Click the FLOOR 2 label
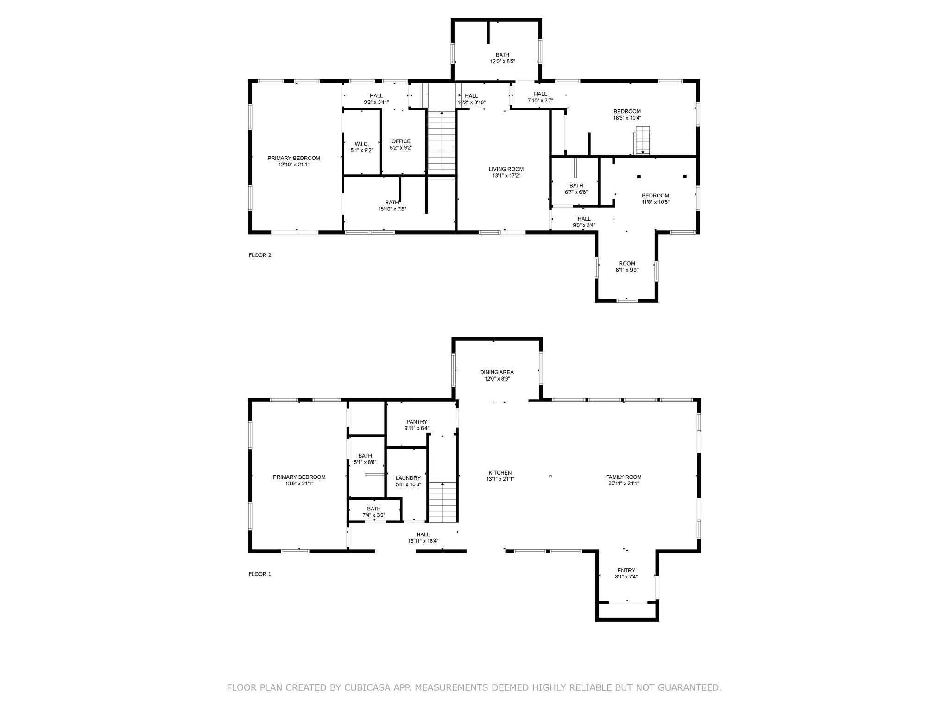(x=259, y=255)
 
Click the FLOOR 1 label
(x=259, y=574)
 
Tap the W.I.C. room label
(x=361, y=144)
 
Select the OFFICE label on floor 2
(x=401, y=141)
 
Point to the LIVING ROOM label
(x=506, y=169)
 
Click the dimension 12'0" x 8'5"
(x=503, y=61)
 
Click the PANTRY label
(x=417, y=422)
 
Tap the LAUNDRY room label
(x=408, y=478)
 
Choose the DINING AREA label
(x=497, y=372)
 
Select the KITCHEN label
(x=500, y=473)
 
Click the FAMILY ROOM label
(x=624, y=477)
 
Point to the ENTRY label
(x=626, y=570)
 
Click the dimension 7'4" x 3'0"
(x=374, y=515)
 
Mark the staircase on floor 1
(x=443, y=502)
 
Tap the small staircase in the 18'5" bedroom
(x=643, y=140)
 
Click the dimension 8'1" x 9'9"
(x=627, y=270)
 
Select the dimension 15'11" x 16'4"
(x=423, y=541)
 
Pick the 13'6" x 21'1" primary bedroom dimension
(x=299, y=483)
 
